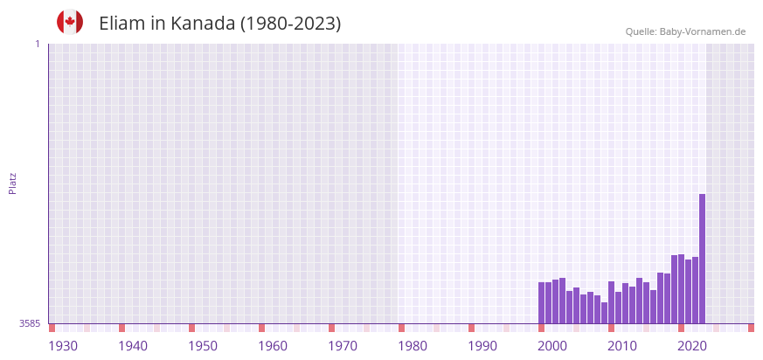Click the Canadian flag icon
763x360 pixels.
coord(70,22)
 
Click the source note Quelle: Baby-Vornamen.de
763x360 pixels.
coord(685,31)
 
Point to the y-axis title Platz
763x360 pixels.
coord(12,183)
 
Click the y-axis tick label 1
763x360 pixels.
coord(37,44)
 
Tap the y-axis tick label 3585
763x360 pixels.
coord(30,323)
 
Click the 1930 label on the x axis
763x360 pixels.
coord(63,346)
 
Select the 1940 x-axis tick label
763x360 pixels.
coord(133,346)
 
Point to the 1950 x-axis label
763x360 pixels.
coord(203,346)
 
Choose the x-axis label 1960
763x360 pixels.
coord(273,346)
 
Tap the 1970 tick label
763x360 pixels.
coord(343,346)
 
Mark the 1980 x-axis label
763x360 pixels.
coord(413,346)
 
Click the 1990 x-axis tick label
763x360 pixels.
coord(482,346)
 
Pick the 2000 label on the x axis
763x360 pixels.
coord(552,346)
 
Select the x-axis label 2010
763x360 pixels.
coord(622,346)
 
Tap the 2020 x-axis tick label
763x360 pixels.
coord(692,346)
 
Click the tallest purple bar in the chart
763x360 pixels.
coord(702,259)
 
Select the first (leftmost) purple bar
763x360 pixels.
coord(541,302)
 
